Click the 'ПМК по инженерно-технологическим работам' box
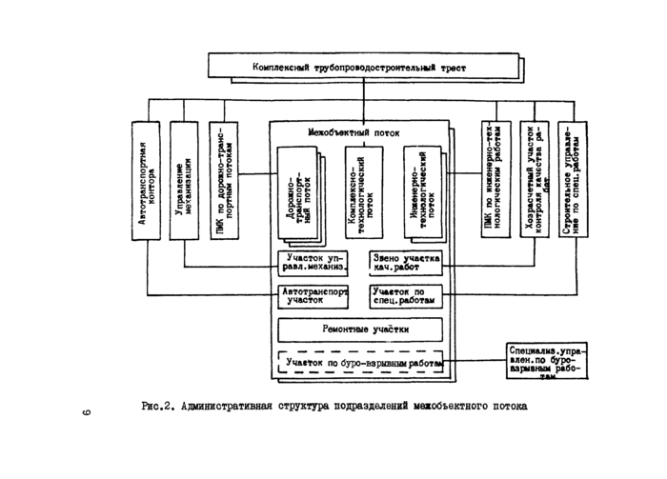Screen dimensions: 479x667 point(495,181)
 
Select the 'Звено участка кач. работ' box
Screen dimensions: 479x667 point(405,262)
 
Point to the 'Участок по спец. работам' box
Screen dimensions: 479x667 point(405,294)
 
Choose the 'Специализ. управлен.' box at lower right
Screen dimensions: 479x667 point(544,363)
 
